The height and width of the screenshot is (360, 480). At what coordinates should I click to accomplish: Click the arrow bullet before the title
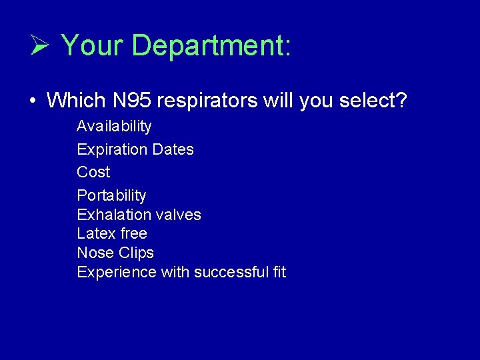[38, 46]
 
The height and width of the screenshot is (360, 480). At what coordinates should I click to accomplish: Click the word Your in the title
[92, 46]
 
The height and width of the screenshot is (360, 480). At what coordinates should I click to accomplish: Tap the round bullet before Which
[32, 101]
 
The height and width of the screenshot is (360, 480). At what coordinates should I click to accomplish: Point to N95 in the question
[131, 101]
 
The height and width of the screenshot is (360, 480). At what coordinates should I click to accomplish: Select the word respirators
[207, 101]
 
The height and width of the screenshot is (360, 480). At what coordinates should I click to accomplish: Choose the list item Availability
[114, 127]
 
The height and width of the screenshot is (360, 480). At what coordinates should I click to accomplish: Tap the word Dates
[173, 149]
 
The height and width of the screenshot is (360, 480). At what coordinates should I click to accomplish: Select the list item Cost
[93, 172]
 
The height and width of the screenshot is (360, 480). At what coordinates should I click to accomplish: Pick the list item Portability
[111, 195]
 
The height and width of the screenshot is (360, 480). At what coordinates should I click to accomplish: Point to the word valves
[178, 215]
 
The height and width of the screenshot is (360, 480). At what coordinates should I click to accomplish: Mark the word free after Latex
[133, 233]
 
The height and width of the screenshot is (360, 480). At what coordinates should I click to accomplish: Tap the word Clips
[136, 253]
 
